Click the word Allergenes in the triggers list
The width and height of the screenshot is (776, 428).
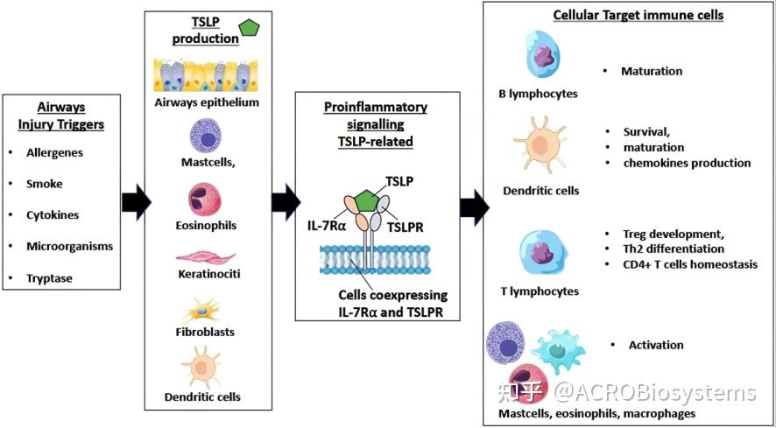[54, 152]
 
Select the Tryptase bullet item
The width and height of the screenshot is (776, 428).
[50, 278]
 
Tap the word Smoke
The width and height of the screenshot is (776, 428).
[45, 184]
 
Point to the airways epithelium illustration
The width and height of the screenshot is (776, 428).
[205, 75]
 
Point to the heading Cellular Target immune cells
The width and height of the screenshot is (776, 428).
[638, 16]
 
